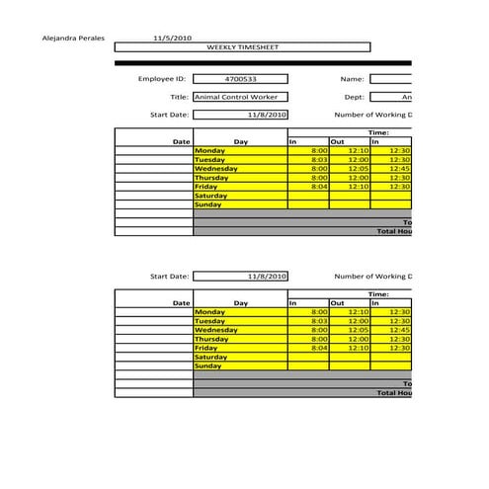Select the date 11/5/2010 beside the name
click(x=172, y=38)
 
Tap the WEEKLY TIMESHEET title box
click(x=242, y=46)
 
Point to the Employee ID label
click(x=162, y=79)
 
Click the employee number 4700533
click(x=241, y=79)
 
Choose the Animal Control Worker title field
click(x=241, y=97)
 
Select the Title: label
click(x=179, y=97)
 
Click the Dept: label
click(x=355, y=97)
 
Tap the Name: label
click(x=353, y=79)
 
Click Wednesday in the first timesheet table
click(x=216, y=168)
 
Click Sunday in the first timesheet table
click(x=208, y=204)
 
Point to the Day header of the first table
click(x=241, y=141)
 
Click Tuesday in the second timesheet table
click(x=210, y=321)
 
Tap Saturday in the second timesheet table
click(x=211, y=357)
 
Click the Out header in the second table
click(x=337, y=303)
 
